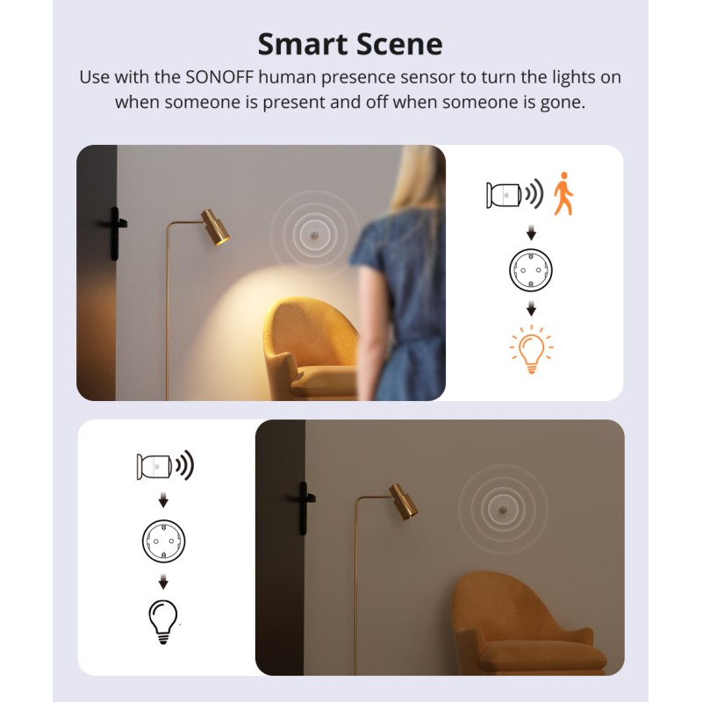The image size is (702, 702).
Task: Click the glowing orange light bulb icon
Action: tap(531, 350)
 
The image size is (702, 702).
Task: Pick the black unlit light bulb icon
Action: tap(162, 620)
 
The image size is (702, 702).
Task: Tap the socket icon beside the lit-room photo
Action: tap(531, 270)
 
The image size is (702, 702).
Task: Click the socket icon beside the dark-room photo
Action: tap(163, 541)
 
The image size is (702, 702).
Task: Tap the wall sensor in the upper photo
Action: tap(312, 236)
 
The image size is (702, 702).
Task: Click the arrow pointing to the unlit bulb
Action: tap(162, 582)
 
